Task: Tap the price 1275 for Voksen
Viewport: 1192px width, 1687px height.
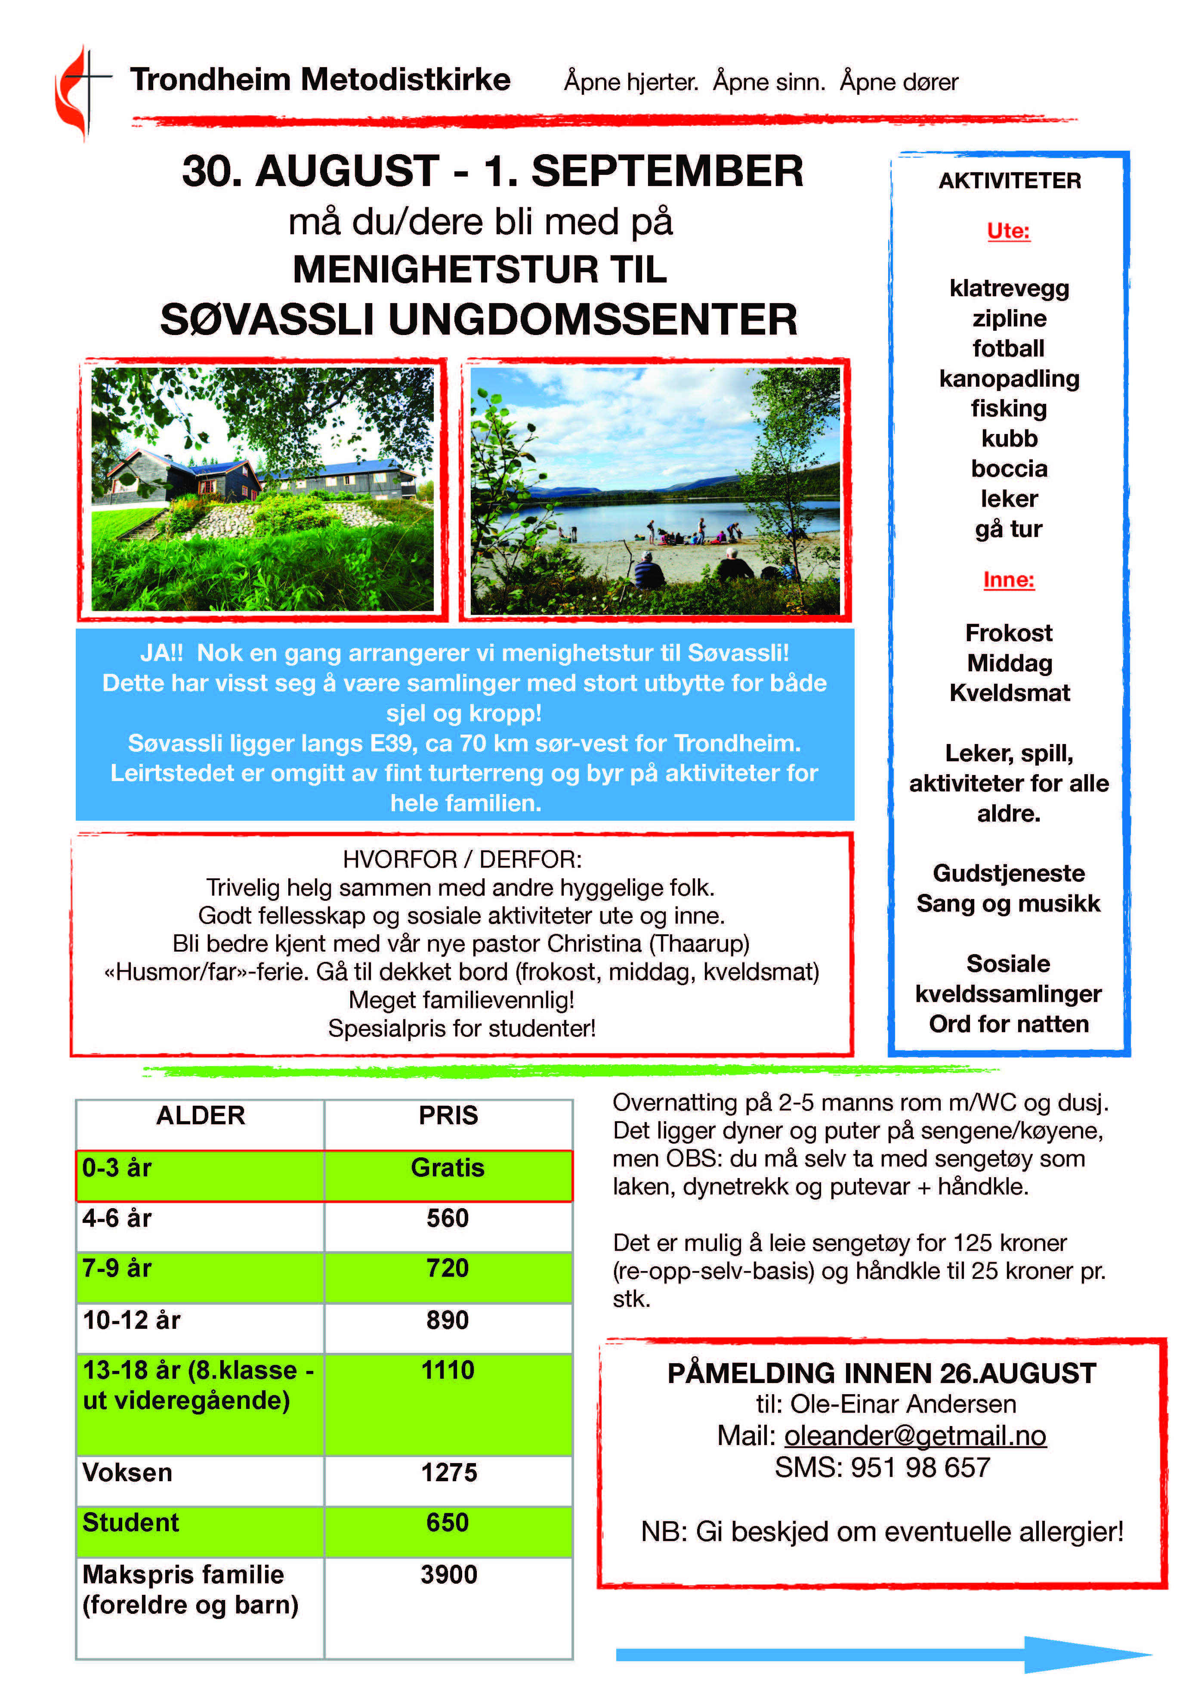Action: pyautogui.click(x=449, y=1473)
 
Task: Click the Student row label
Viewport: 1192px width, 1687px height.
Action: pyautogui.click(x=131, y=1523)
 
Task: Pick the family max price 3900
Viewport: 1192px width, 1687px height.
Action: pyautogui.click(x=449, y=1575)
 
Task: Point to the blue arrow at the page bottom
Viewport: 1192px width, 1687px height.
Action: pyautogui.click(x=881, y=1655)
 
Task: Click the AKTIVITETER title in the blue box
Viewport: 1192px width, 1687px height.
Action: pyautogui.click(x=1009, y=181)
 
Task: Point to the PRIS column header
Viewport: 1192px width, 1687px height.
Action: pyautogui.click(x=448, y=1115)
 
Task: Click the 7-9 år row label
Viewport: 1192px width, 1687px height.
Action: pyautogui.click(x=117, y=1268)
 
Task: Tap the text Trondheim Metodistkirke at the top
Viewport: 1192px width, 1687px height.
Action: pyautogui.click(x=320, y=79)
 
